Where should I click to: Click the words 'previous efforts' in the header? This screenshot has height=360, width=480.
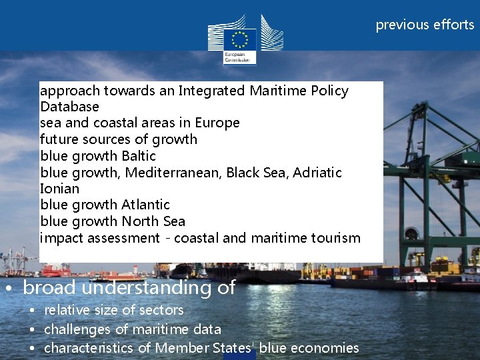point(425,25)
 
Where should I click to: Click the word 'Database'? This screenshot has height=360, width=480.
point(69,107)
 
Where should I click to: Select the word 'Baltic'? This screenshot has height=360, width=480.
point(139,156)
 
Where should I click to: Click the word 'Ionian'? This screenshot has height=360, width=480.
point(59,189)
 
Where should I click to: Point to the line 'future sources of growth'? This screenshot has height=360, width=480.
point(119,139)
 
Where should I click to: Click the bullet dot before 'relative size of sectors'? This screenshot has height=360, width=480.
point(31,311)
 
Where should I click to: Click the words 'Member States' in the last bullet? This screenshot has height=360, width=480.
point(206,348)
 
